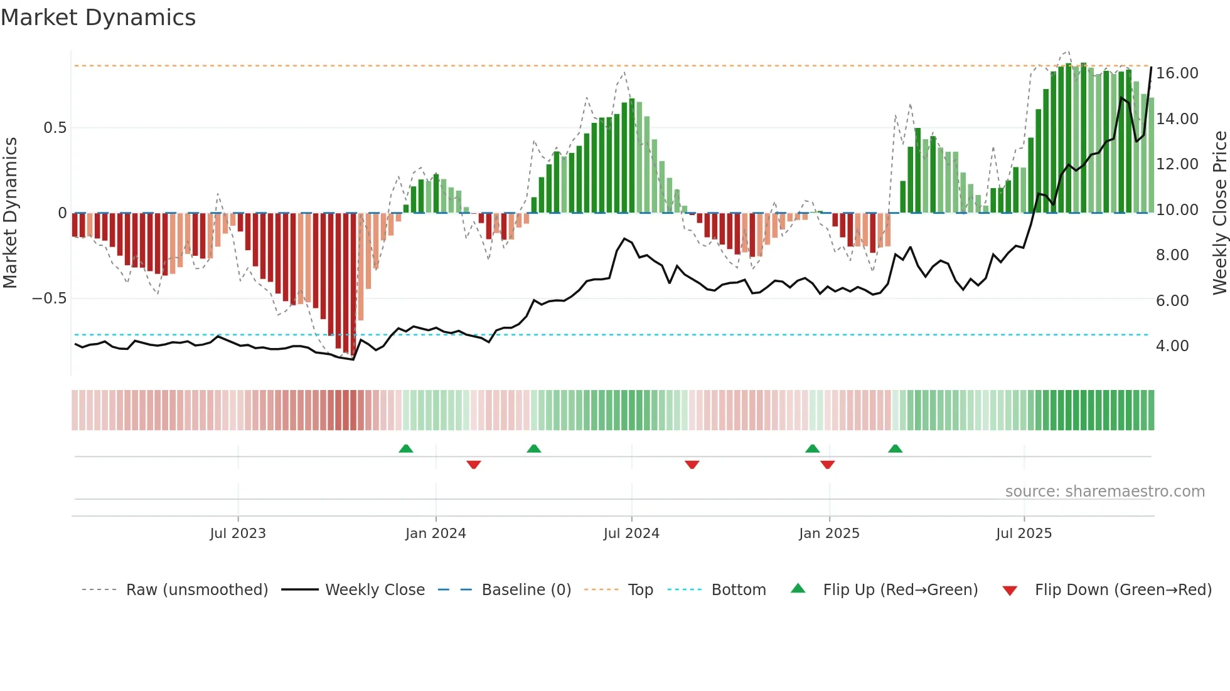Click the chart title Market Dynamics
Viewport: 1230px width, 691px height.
click(x=98, y=18)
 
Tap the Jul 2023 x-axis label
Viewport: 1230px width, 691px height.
click(x=238, y=534)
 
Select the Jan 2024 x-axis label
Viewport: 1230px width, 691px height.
click(x=436, y=534)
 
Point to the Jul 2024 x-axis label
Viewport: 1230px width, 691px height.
click(x=631, y=534)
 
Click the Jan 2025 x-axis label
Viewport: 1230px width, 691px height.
click(x=829, y=534)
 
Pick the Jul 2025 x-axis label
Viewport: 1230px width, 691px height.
click(x=1024, y=534)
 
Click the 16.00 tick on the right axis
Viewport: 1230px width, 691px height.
click(x=1177, y=73)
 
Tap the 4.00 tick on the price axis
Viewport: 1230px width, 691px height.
click(x=1172, y=346)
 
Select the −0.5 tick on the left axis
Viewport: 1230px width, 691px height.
click(x=49, y=298)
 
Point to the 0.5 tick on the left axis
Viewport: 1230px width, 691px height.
click(x=55, y=128)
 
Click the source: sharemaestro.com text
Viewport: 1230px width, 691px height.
click(x=1104, y=492)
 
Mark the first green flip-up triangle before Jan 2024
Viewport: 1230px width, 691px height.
click(x=406, y=449)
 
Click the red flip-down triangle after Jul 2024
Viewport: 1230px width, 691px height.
click(x=692, y=465)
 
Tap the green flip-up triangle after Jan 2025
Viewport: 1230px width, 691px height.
click(x=895, y=449)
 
